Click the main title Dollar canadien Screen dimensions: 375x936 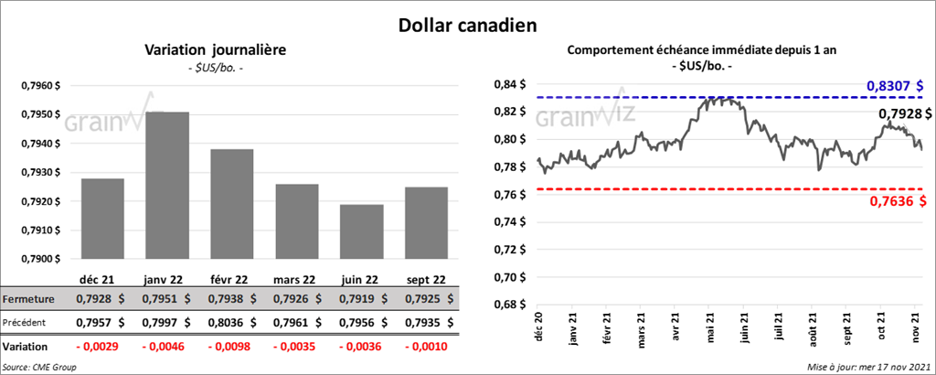[x=468, y=25]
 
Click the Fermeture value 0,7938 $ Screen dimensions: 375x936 [x=231, y=300]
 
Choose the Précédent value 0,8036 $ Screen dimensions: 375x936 [x=231, y=323]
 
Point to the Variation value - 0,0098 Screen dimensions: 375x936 [x=231, y=347]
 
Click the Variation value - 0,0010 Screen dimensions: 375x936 [x=427, y=347]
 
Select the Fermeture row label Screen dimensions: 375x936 [x=28, y=300]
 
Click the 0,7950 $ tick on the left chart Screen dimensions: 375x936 [x=40, y=115]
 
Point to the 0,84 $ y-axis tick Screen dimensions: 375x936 [x=510, y=84]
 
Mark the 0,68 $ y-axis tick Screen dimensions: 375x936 [x=510, y=305]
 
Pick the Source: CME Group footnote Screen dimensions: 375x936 [x=39, y=367]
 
